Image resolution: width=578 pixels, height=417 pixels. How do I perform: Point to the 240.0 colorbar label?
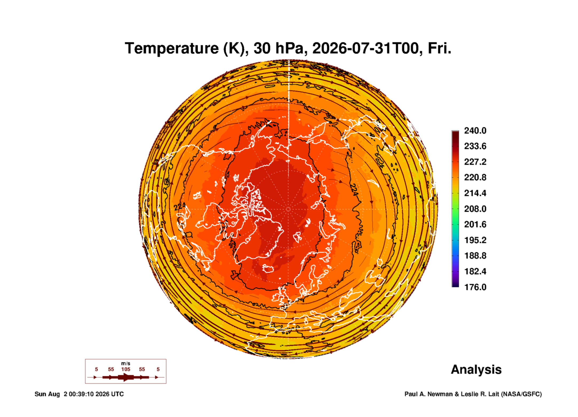coord(475,131)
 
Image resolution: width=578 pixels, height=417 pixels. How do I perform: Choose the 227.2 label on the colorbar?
coord(475,162)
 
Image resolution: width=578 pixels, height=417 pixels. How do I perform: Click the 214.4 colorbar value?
coord(475,193)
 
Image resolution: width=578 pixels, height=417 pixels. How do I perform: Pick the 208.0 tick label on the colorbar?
coord(475,209)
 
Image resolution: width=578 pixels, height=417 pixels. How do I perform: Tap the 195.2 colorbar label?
coord(475,240)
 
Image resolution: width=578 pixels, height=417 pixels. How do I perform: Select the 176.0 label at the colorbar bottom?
coord(475,287)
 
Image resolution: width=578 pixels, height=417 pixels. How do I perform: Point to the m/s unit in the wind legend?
coord(126,364)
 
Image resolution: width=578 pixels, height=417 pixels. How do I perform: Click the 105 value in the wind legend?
coord(126,369)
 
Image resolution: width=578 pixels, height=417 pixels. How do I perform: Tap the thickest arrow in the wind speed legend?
coord(126,377)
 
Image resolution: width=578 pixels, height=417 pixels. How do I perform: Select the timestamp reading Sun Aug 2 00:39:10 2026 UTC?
coord(79,394)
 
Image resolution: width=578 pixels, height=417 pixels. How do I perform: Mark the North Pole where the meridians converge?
coord(288,209)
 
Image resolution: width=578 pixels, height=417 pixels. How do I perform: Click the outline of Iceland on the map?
coord(268,268)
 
